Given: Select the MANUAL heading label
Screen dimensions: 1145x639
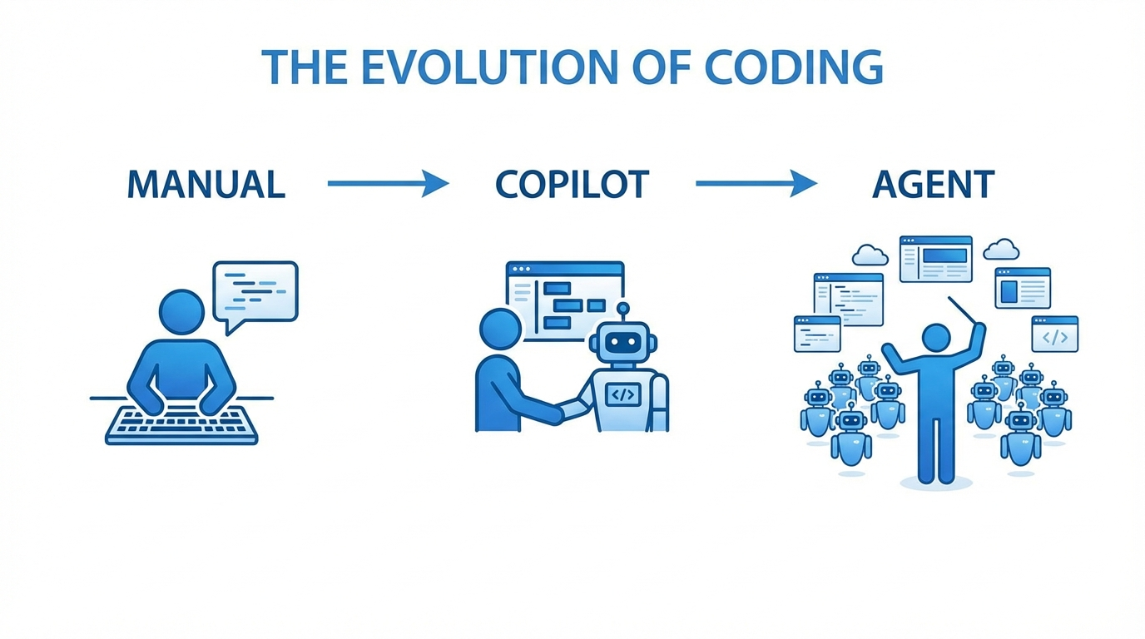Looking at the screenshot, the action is click(206, 185).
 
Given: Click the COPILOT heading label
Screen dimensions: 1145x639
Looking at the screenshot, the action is click(572, 185).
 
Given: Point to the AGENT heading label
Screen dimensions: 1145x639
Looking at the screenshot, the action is click(933, 185).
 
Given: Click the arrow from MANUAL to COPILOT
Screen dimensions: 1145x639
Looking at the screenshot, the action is click(388, 183).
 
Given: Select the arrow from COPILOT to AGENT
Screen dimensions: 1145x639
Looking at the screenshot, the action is click(756, 183).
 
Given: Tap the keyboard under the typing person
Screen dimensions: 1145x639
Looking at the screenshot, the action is click(181, 424).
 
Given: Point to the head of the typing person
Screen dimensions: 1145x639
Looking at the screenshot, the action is click(181, 313).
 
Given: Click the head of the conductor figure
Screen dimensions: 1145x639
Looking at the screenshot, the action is click(936, 338).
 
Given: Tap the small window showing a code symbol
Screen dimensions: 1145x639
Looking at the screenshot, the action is click(1054, 334).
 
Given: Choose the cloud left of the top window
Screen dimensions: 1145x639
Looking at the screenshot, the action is click(870, 254).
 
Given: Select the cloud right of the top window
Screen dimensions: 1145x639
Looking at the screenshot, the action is click(1001, 249).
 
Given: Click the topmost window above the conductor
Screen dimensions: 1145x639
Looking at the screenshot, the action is click(935, 259).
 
